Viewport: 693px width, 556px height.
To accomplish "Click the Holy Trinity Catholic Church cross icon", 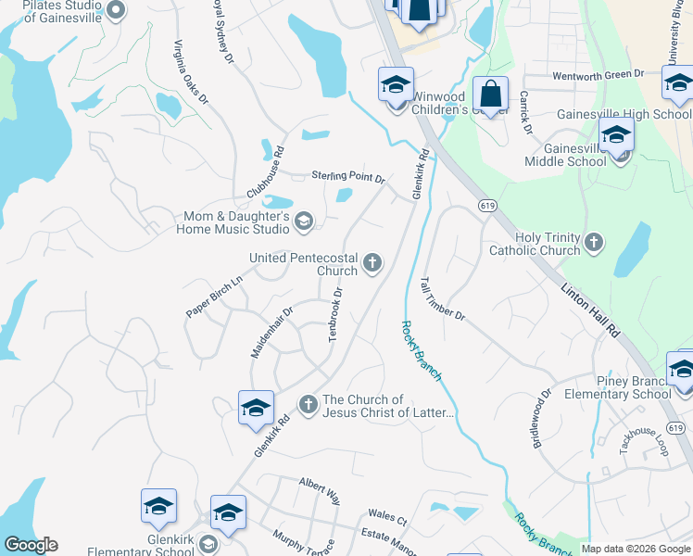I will click(x=594, y=244).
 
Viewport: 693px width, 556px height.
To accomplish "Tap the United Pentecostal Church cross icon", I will click(x=372, y=264).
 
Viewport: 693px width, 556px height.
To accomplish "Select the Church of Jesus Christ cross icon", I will click(x=309, y=403).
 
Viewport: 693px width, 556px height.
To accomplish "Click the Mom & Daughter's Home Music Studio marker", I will click(x=303, y=221).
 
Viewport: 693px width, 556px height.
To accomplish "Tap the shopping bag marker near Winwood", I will click(x=490, y=95).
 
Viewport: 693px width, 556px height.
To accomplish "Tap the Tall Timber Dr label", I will click(x=442, y=298).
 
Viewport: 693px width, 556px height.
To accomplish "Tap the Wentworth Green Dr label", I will click(x=598, y=74).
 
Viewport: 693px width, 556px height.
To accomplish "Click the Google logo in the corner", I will click(x=31, y=545).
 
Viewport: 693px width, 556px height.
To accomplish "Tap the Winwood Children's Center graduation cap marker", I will click(x=396, y=85).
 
